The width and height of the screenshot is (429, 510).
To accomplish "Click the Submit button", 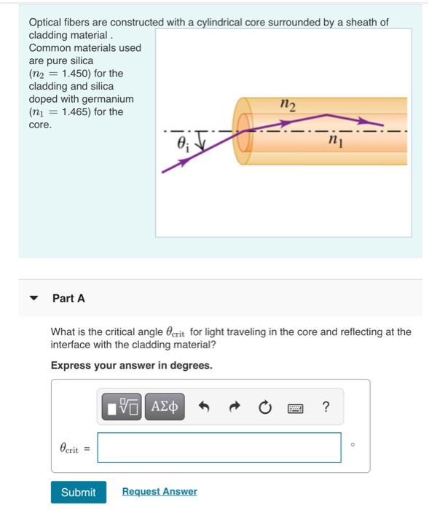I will (x=78, y=493).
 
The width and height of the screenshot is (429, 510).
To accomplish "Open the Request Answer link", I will (x=160, y=492).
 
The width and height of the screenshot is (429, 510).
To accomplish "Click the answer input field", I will (x=219, y=447).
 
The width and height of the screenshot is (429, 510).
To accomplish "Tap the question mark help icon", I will (x=326, y=407).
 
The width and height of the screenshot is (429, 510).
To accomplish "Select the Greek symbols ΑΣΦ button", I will (x=165, y=407).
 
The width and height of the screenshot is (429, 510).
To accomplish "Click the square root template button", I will (x=122, y=407).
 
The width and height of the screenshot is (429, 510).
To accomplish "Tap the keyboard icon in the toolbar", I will (x=296, y=407).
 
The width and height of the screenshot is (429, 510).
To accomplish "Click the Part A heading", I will (x=68, y=298).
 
